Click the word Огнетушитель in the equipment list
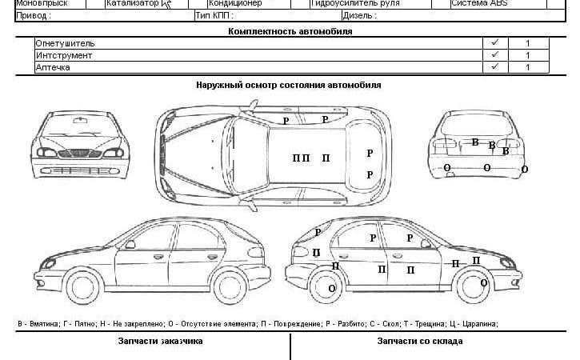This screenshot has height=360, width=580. [x=66, y=43]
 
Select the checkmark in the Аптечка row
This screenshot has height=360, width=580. [x=494, y=67]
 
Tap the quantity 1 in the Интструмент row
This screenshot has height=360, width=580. [x=527, y=55]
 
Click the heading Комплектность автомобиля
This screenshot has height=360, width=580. [x=290, y=31]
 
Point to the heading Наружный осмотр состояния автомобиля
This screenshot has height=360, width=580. [x=288, y=84]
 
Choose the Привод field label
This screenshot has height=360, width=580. [x=34, y=15]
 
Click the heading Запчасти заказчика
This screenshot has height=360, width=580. [x=160, y=341]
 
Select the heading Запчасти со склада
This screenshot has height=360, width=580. [x=420, y=341]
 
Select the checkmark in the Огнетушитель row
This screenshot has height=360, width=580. [x=494, y=43]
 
